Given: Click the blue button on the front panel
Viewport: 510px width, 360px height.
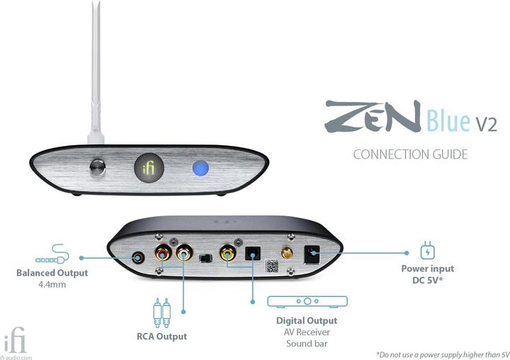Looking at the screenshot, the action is pyautogui.click(x=200, y=168).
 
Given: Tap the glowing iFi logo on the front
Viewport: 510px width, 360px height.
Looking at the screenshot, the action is pyautogui.click(x=149, y=168).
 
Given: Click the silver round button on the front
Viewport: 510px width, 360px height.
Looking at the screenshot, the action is pyautogui.click(x=97, y=168).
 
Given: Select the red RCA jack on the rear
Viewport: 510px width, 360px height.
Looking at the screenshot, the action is pyautogui.click(x=163, y=252).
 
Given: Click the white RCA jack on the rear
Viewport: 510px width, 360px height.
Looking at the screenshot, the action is pyautogui.click(x=184, y=252).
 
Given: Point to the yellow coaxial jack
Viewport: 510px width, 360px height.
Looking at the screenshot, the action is pyautogui.click(x=227, y=252).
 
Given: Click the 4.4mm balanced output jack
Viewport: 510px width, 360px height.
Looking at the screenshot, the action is pyautogui.click(x=138, y=258).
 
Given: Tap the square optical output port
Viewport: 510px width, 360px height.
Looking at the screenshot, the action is pyautogui.click(x=253, y=253).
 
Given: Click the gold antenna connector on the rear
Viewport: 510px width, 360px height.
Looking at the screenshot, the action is pyautogui.click(x=287, y=252).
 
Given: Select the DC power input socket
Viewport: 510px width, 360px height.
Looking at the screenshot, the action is pyautogui.click(x=312, y=254).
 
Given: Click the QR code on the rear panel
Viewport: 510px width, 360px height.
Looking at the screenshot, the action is pyautogui.click(x=272, y=266).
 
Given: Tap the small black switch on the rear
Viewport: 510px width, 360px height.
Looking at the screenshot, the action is pyautogui.click(x=205, y=259).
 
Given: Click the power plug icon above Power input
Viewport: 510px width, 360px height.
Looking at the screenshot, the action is pyautogui.click(x=427, y=250).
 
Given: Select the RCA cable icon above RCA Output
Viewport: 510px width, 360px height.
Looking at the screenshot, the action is pyautogui.click(x=161, y=313).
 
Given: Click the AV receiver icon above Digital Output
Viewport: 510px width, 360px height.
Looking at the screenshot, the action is pyautogui.click(x=307, y=302).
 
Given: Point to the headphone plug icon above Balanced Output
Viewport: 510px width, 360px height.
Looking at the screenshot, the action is pyautogui.click(x=52, y=254).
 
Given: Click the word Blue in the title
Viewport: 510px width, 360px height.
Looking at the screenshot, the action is pyautogui.click(x=448, y=120).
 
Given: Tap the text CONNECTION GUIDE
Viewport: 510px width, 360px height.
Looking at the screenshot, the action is pyautogui.click(x=410, y=154).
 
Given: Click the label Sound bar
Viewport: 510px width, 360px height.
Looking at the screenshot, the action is pyautogui.click(x=307, y=344).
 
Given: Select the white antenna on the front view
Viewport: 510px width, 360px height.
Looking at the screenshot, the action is pyautogui.click(x=96, y=72).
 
